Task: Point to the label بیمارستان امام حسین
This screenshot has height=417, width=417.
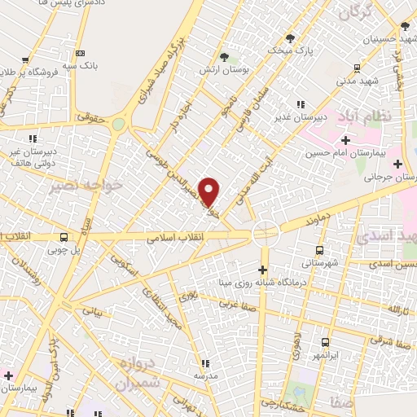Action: tap(336, 155)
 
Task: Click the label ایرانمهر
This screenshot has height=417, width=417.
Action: tap(325, 356)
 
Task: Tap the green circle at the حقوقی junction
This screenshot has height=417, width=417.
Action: tap(120, 125)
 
